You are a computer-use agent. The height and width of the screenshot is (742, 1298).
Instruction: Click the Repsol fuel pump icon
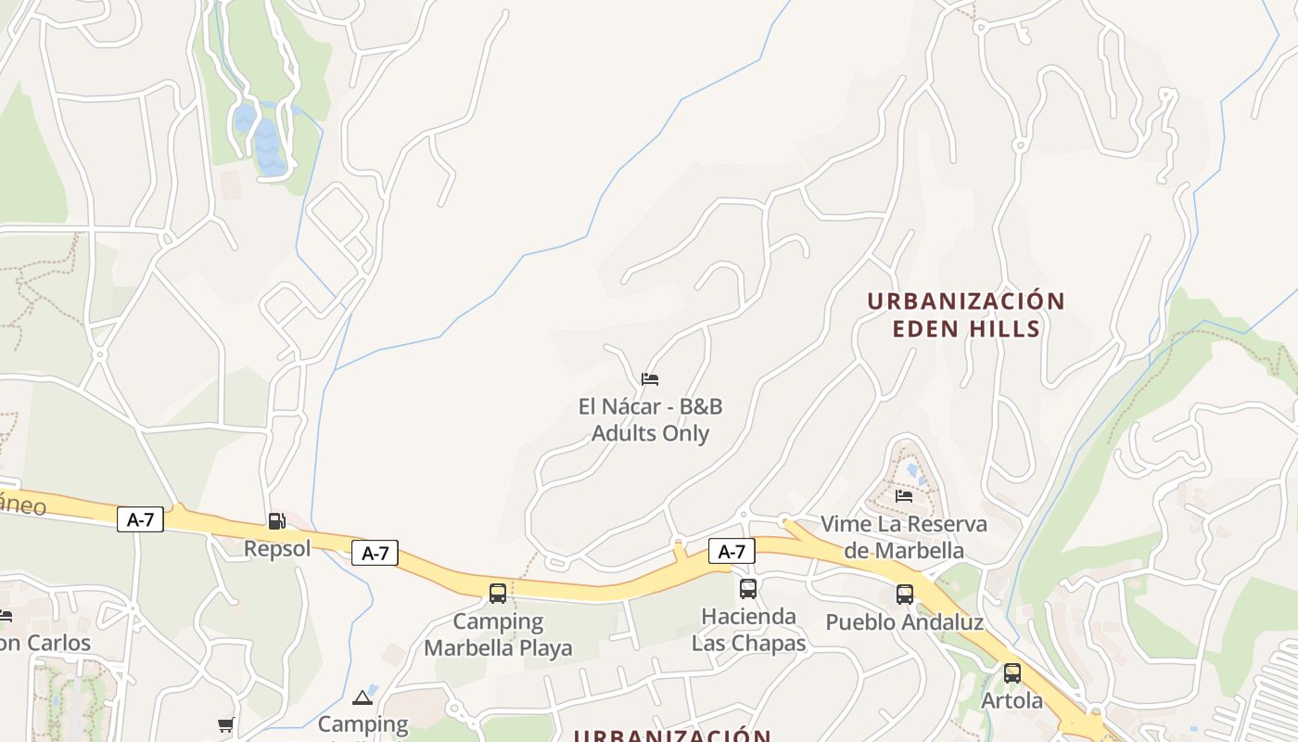point(276,521)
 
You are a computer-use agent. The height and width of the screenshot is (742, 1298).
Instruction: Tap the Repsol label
point(277,548)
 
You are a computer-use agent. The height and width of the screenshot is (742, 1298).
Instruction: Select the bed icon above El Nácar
point(650,379)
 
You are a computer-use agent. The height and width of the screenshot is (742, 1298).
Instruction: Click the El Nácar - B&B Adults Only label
point(650,420)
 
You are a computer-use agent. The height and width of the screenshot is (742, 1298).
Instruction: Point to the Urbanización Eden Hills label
point(966,314)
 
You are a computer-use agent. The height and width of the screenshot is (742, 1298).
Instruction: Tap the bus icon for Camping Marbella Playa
point(498,593)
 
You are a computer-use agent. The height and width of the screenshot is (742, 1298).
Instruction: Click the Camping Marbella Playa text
point(498,634)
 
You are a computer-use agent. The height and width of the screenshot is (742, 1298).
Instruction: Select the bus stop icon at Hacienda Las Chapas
point(748,588)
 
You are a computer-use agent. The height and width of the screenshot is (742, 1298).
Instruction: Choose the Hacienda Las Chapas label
point(748,630)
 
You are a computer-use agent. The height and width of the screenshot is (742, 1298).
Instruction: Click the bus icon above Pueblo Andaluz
point(905,595)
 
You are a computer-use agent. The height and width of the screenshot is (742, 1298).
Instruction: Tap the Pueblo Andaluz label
point(904,621)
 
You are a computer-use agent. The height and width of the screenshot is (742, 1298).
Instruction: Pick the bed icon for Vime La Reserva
point(904,496)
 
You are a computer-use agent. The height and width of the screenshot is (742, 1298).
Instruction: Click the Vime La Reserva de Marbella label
point(904,537)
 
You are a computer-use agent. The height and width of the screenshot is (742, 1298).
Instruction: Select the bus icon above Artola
point(1012,673)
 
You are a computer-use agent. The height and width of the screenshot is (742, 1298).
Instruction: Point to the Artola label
point(1012,700)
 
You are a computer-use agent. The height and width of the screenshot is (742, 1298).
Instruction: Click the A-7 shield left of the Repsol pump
point(141,519)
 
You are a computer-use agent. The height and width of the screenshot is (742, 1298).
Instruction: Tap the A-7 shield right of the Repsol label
point(375,554)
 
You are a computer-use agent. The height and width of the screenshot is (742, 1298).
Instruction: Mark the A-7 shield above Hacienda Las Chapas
point(732,552)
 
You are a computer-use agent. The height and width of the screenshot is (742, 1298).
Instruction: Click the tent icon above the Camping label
point(363,697)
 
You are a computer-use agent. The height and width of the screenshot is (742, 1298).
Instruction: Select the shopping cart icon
point(225,724)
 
